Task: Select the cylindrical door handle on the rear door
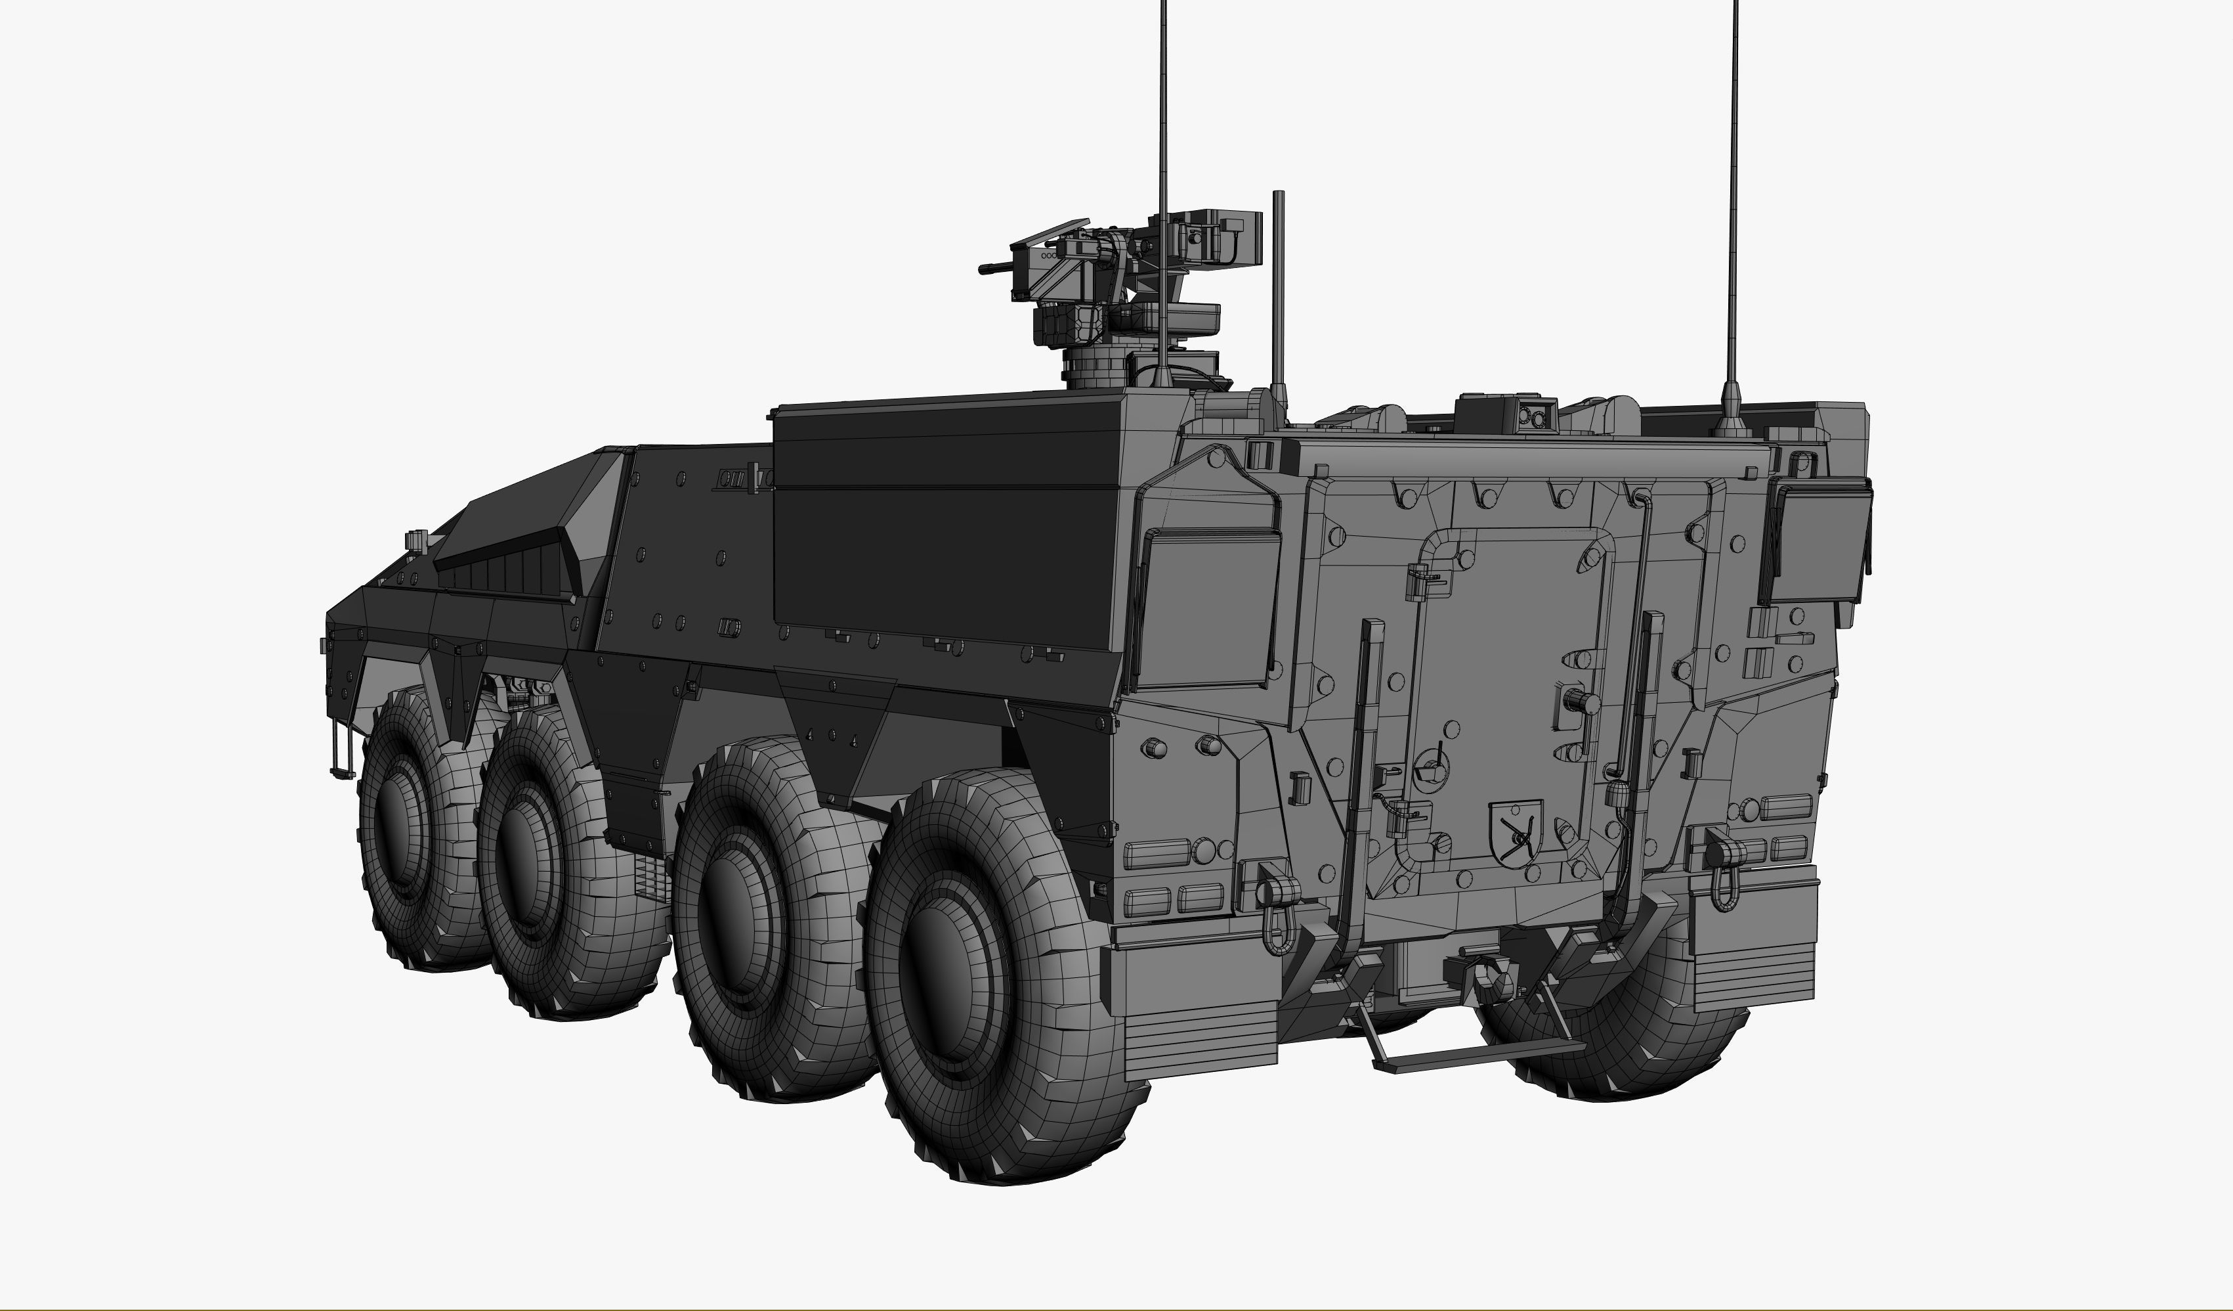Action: pos(1582,703)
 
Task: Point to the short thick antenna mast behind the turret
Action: pos(1278,292)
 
